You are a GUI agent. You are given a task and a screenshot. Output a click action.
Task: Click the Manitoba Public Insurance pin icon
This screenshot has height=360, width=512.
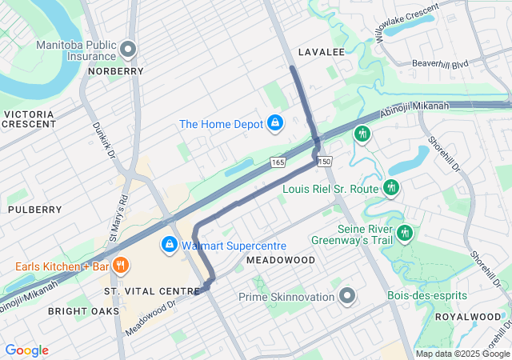coord(127,50)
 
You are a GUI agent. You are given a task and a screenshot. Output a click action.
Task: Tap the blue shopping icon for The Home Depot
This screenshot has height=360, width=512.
coord(274,123)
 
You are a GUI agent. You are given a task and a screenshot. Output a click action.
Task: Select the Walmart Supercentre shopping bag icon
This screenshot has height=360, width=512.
coord(170,245)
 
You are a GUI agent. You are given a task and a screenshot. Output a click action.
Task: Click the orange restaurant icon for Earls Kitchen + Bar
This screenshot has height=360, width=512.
coord(121,266)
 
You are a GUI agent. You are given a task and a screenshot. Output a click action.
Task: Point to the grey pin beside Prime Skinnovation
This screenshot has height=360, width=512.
coord(347,297)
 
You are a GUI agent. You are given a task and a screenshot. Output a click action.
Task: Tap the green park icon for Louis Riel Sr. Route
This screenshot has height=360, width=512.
coord(390,188)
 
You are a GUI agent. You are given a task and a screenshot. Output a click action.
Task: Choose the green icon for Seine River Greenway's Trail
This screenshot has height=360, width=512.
coord(406,233)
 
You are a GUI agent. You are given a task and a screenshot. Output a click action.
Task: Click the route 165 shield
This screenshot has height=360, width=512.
coord(278,162)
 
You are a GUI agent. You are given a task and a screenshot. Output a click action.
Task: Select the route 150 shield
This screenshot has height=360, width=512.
coord(324,162)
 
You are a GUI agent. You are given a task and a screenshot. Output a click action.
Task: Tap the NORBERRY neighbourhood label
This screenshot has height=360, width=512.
coord(116,71)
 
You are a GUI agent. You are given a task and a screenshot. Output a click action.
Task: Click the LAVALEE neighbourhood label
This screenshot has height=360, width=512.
coord(321,52)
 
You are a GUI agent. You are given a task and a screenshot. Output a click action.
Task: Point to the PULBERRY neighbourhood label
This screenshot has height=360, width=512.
coord(34,210)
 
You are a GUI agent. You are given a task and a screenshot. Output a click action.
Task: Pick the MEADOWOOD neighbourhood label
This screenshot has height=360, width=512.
coord(281,261)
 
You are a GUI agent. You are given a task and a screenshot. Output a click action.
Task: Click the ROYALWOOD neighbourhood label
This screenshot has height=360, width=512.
coord(467,317)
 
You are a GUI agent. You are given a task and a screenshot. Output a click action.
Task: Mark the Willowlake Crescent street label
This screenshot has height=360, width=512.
coord(406,23)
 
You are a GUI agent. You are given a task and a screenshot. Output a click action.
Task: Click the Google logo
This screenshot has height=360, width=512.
coord(26,350)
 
